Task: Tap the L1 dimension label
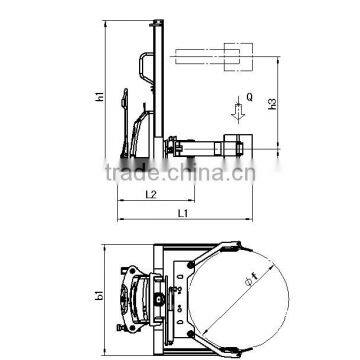(179, 213)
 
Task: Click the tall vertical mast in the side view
(156, 90)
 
